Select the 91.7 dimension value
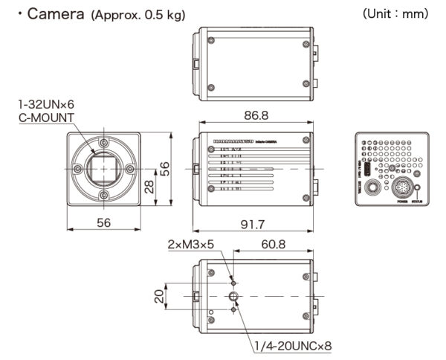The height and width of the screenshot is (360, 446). tap(253, 224)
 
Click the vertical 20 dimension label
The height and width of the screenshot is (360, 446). tap(158, 296)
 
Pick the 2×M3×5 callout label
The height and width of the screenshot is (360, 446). tap(192, 244)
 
